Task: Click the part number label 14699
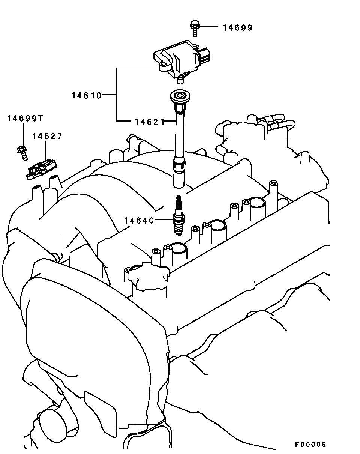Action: (x=238, y=28)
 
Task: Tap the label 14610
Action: (x=87, y=96)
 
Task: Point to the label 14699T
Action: (x=25, y=118)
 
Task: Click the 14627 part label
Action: (x=47, y=136)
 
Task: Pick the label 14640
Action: (x=139, y=221)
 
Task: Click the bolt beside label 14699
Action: (x=195, y=29)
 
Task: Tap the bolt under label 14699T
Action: (x=22, y=153)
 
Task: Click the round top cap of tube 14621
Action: (x=180, y=96)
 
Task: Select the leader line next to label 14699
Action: (x=209, y=26)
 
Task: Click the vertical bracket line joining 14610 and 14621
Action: (x=117, y=94)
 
